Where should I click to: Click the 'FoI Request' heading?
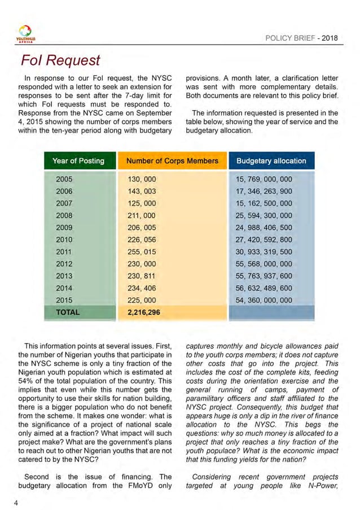tap(60, 60)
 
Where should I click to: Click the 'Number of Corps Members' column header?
tap(172, 161)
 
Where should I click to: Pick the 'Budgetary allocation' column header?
tap(271, 161)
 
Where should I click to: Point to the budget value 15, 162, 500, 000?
tap(264, 203)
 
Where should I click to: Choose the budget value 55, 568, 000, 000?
tap(264, 264)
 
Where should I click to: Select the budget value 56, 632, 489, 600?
tap(264, 288)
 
